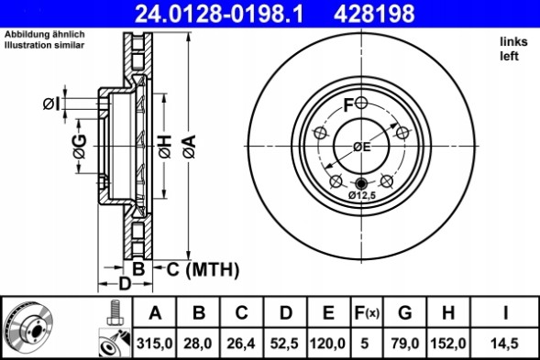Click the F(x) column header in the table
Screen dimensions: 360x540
(366, 313)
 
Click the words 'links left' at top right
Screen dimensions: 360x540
(512, 49)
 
